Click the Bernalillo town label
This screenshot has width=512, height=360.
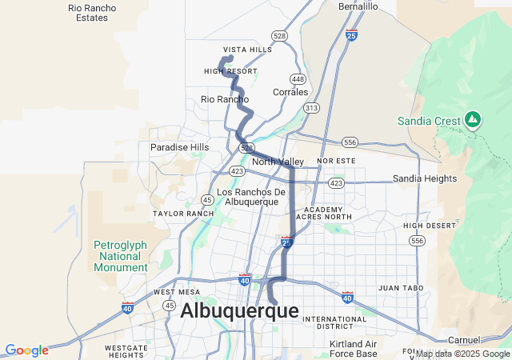[358, 6]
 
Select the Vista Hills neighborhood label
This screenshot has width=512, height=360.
[247, 50]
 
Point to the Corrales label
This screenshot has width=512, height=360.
[290, 92]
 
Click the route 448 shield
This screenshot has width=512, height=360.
[298, 79]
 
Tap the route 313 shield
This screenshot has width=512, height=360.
[311, 107]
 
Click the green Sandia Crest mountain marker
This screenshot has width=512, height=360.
[473, 121]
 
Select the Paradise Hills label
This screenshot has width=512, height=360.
[179, 147]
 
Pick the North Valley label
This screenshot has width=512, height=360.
[278, 162]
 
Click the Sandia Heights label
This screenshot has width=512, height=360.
[424, 178]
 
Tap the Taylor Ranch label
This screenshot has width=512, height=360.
[183, 214]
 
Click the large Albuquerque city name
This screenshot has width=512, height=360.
[239, 311]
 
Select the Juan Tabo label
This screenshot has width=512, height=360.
[400, 287]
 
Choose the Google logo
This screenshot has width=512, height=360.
[26, 350]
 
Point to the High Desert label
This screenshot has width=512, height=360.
[429, 226]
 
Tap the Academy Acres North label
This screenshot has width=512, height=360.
[323, 212]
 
